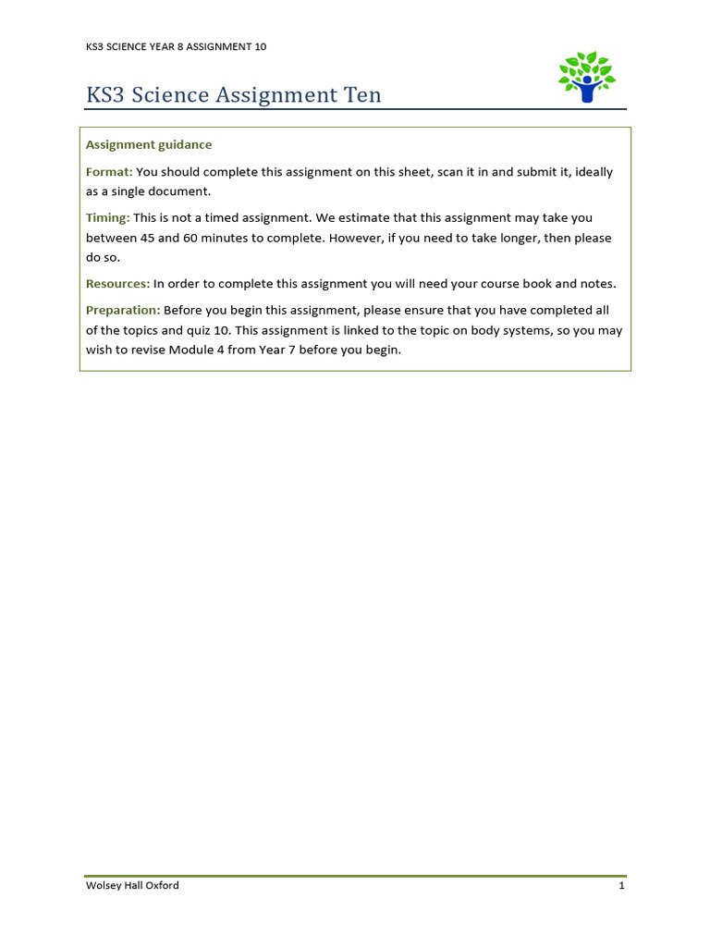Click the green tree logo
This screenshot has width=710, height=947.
586,77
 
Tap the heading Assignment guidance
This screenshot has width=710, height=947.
149,145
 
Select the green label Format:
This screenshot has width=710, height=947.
109,172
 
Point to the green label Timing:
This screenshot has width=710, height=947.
108,218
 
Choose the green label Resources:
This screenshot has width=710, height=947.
117,284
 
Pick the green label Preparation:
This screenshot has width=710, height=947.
123,311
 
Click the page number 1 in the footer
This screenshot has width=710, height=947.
622,886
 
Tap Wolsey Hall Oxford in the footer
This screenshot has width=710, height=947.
132,886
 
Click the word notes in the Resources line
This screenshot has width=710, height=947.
597,284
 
